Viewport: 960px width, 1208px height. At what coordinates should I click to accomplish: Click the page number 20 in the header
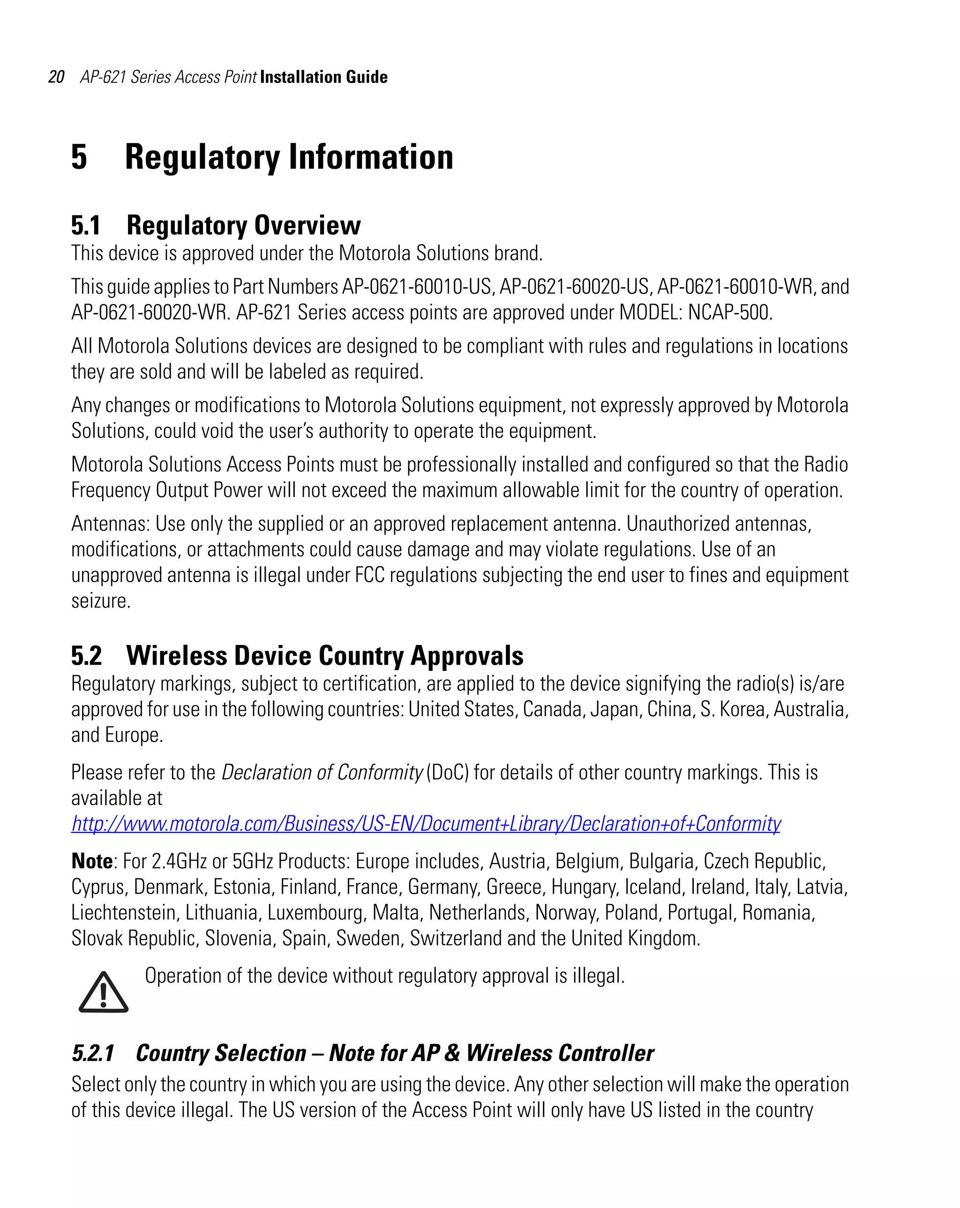tap(56, 77)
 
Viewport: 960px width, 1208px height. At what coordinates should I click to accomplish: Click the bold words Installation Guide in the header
tap(323, 77)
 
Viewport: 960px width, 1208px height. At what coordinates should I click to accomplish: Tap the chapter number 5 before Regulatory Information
tap(79, 157)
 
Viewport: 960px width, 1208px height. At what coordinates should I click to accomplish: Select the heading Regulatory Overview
tap(243, 225)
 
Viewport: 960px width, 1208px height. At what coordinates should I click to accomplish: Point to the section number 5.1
tap(86, 225)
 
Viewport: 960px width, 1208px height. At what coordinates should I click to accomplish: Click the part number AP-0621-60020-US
tap(574, 286)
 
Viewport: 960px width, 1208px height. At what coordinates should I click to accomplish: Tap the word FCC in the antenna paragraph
tap(369, 575)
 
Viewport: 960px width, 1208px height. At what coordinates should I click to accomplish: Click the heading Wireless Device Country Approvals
tap(325, 656)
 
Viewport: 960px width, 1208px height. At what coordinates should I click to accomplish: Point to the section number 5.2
tap(86, 656)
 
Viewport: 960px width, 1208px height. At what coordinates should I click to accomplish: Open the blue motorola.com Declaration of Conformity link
tap(426, 823)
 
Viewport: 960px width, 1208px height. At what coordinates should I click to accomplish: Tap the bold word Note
tap(92, 861)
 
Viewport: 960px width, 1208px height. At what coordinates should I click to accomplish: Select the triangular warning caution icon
tap(103, 992)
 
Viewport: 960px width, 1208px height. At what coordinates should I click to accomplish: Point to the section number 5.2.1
tap(93, 1053)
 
